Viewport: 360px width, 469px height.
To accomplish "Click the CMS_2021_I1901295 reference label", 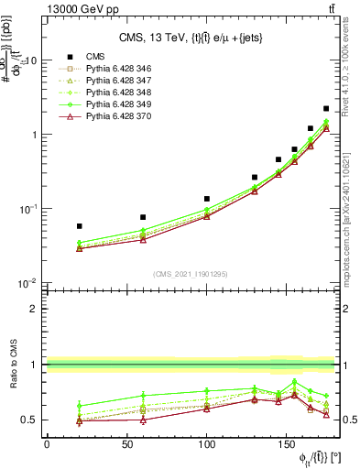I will (x=195, y=274).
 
